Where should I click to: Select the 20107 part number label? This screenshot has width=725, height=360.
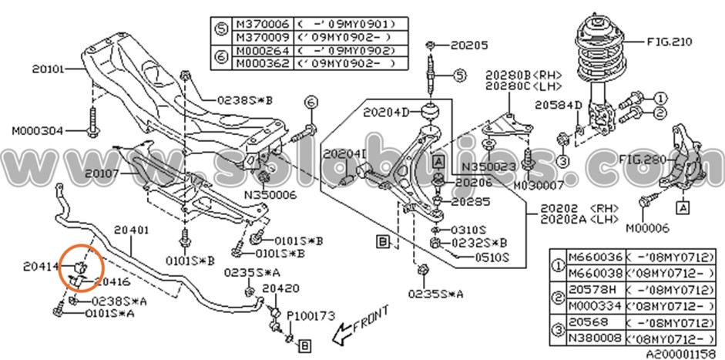coord(103,174)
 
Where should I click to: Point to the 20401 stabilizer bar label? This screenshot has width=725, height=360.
coord(131,229)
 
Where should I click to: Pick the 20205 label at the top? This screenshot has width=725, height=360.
coord(469,45)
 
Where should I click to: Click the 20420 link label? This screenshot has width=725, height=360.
coord(280,288)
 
